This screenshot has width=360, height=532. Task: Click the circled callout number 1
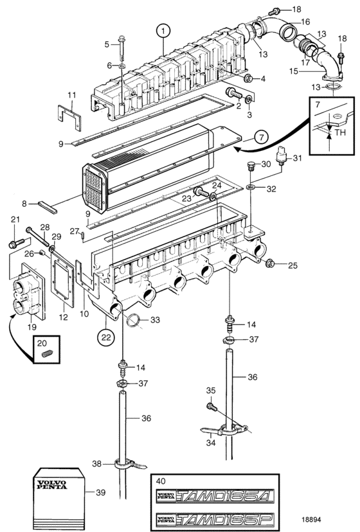coord(163,31)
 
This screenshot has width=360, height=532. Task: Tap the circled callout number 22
coord(106,337)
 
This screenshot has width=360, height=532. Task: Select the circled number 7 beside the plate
coord(261,137)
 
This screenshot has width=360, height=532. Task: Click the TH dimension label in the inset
coord(340,132)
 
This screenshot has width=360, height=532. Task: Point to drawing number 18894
coord(311,519)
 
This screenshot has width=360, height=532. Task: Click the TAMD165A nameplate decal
coord(215,496)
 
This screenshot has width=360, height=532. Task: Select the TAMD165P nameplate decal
coord(215,520)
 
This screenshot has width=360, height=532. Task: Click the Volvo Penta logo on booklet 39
coord(52,484)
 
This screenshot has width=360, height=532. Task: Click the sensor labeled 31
coord(282,156)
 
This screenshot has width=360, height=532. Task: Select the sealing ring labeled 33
coord(134,320)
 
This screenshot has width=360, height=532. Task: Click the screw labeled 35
coord(212,406)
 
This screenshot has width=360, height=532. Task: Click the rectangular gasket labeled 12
coord(62,280)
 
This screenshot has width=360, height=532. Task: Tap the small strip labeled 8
coord(48,208)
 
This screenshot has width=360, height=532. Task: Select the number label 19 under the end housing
coord(32,327)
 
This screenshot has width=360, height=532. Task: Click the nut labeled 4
coord(248,79)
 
